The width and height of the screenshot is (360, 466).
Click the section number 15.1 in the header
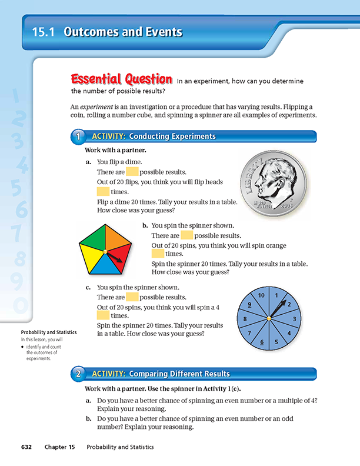43,33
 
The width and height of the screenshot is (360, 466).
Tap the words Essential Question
121,79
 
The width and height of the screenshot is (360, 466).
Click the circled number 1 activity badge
78,137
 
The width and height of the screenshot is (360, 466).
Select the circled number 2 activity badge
78,374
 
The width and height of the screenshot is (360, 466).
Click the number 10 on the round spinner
261,295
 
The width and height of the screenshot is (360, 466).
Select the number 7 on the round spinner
249,333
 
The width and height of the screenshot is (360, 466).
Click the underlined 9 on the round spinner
249,304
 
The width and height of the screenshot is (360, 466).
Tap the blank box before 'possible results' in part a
132,172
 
